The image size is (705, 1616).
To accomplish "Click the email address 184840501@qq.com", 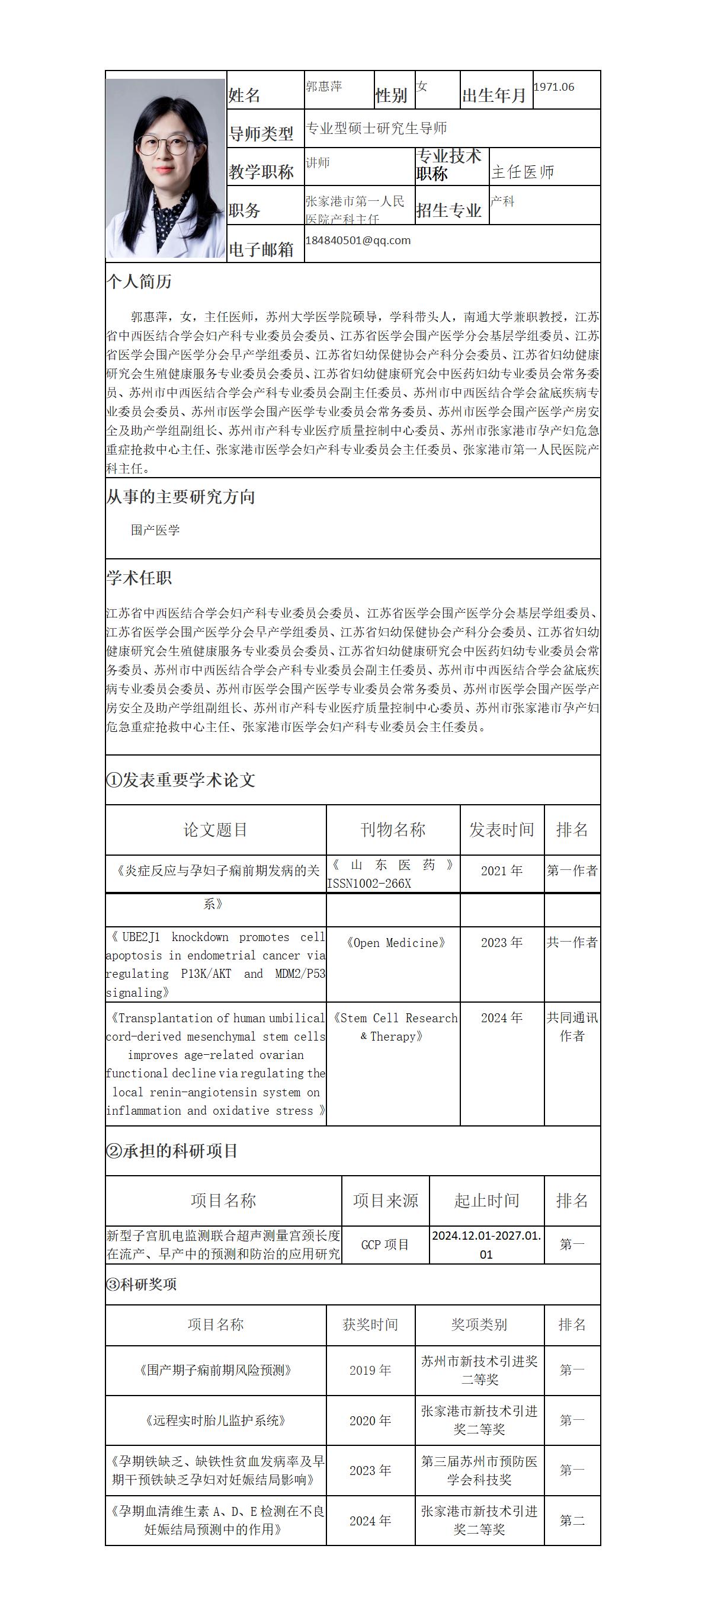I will [x=357, y=240].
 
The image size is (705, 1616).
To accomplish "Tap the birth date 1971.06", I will [x=554, y=87].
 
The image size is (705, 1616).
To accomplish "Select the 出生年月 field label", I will [x=494, y=95].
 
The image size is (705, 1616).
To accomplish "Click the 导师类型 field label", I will [x=261, y=133].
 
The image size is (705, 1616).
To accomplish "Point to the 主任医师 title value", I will [x=523, y=172].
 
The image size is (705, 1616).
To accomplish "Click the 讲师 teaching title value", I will [x=318, y=162].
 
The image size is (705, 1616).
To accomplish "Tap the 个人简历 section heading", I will [x=139, y=281].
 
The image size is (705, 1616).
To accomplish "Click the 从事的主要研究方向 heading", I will [x=180, y=497].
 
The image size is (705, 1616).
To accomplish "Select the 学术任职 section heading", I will [x=139, y=578].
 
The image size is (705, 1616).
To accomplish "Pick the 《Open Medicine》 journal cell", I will [x=396, y=943].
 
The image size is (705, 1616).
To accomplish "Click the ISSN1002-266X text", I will [x=369, y=884].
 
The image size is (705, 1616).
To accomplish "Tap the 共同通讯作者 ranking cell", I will [x=571, y=1026].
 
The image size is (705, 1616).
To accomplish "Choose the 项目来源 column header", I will [x=385, y=1200].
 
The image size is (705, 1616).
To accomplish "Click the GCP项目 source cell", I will [x=385, y=1244].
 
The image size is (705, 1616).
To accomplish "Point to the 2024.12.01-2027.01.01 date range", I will [x=486, y=1244].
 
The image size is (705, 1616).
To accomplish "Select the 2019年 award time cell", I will [x=370, y=1370].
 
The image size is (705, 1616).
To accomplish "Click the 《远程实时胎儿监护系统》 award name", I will [x=215, y=1420].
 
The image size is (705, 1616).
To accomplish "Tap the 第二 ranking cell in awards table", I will [x=571, y=1520].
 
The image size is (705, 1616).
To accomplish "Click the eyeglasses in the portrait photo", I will [x=164, y=146].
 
